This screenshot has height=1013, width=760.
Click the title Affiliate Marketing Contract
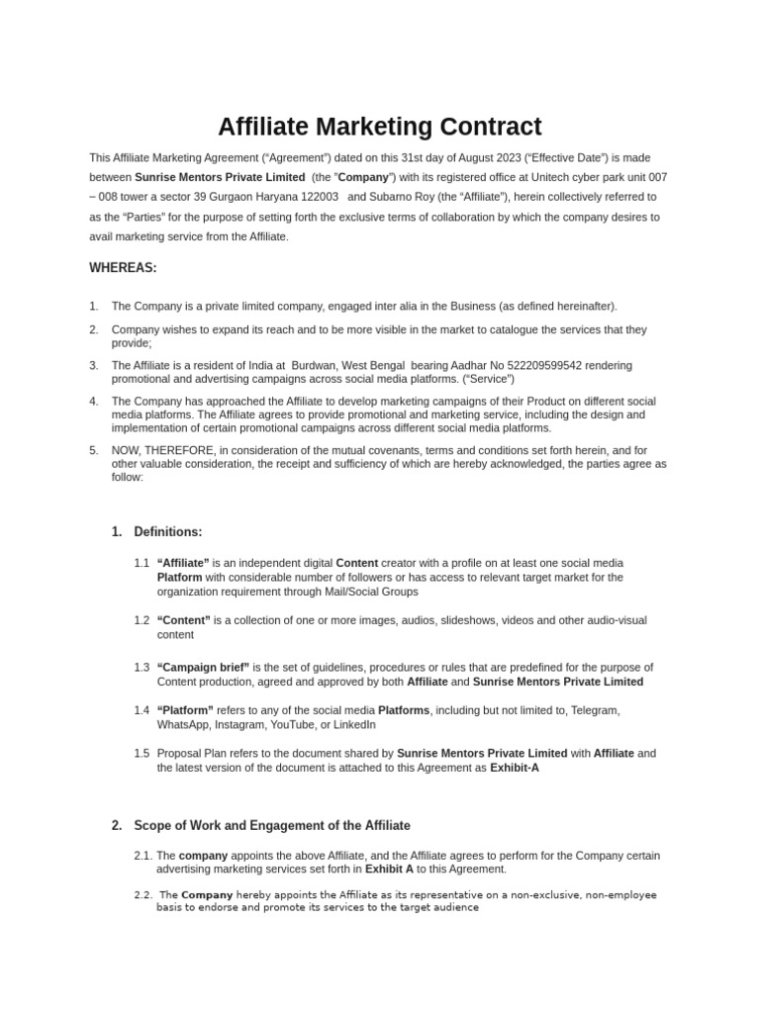point(379,127)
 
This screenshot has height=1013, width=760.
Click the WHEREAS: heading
point(123,267)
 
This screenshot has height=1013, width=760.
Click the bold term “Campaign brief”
point(203,667)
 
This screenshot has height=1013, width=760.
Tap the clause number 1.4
point(142,710)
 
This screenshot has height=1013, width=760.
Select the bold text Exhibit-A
point(515,768)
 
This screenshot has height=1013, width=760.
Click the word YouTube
point(311,724)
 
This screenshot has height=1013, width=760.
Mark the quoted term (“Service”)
point(489,379)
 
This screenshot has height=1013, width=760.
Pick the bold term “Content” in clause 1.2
point(183,620)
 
